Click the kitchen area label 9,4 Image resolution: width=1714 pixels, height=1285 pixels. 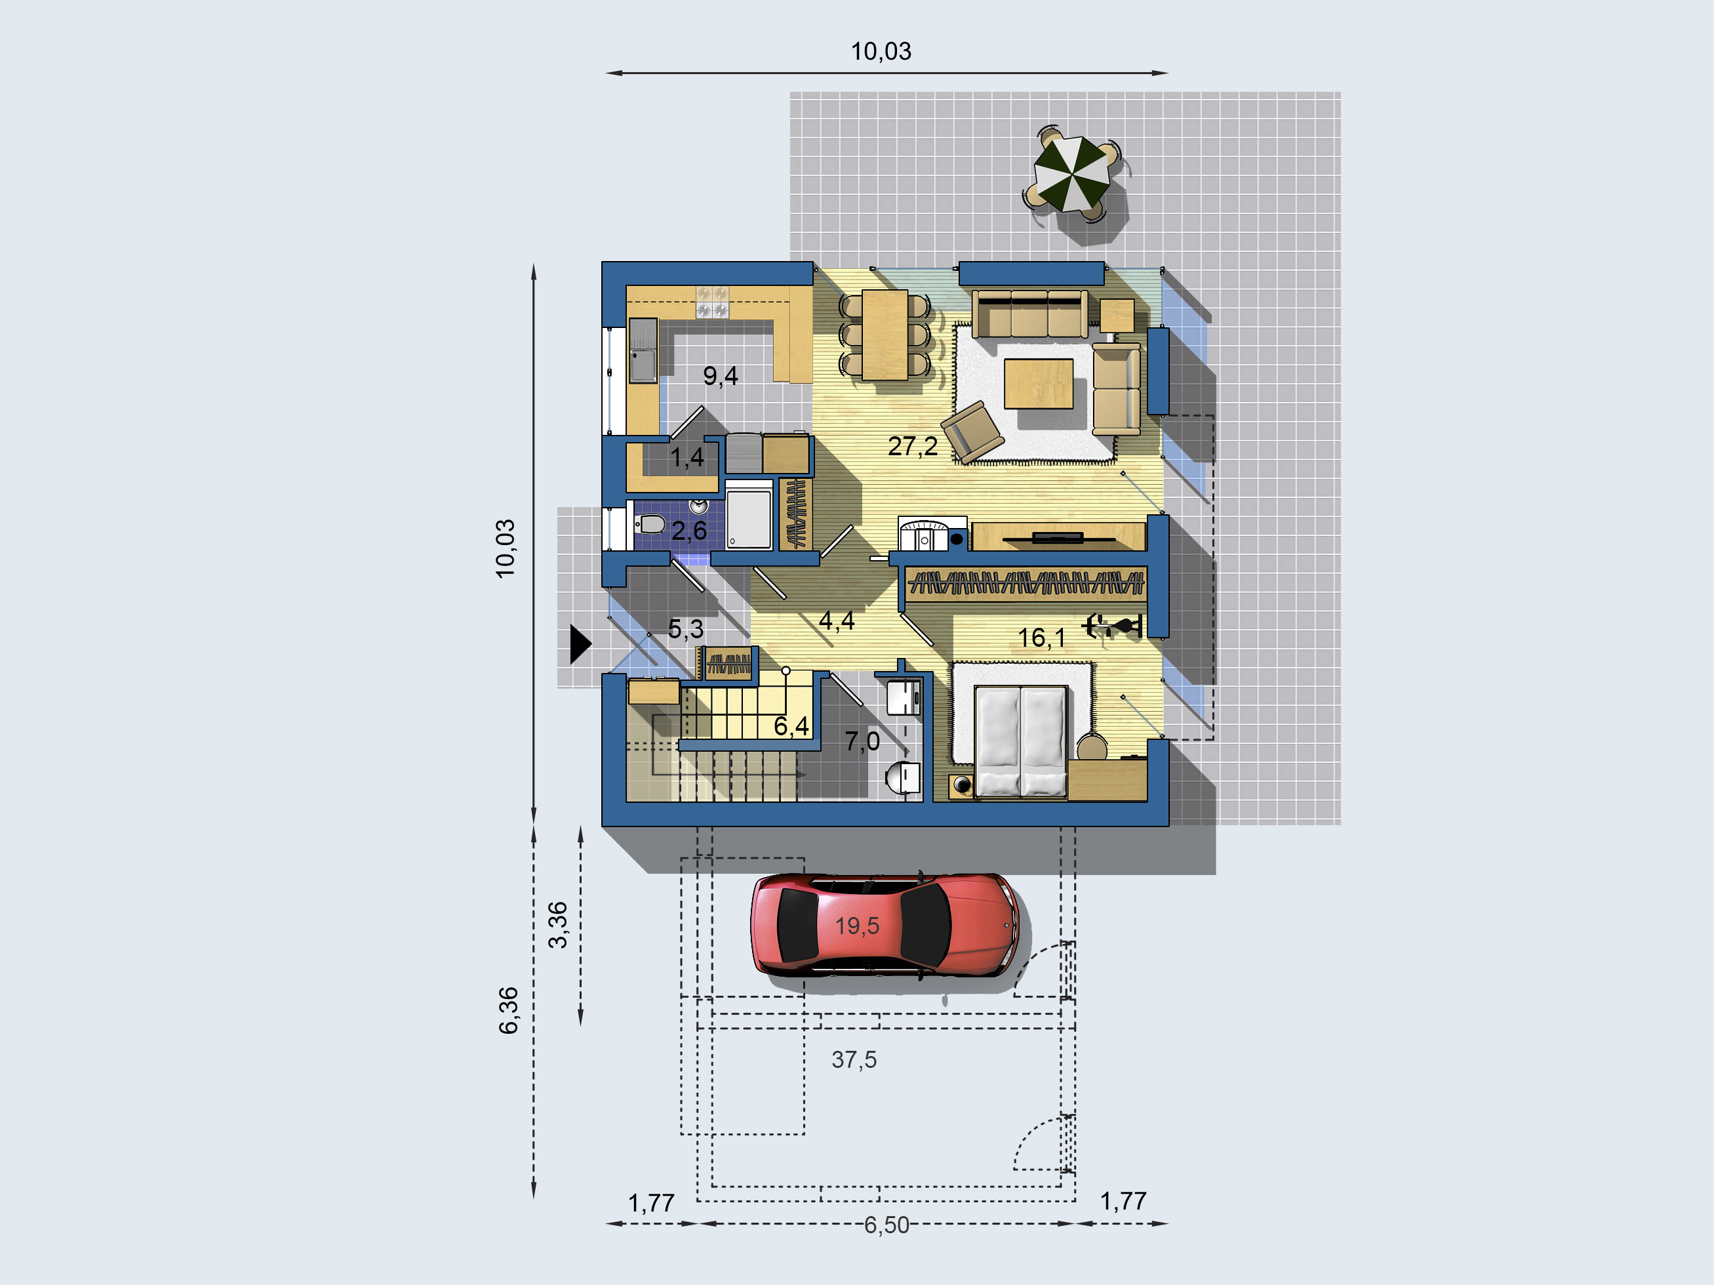pyautogui.click(x=720, y=376)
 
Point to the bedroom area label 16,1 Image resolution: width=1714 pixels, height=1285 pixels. pyautogui.click(x=1041, y=638)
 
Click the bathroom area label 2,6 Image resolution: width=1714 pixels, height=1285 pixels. pyautogui.click(x=689, y=531)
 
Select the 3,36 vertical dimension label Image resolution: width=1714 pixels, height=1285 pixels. pyautogui.click(x=558, y=925)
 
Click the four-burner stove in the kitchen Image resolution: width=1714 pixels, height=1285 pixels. pyautogui.click(x=712, y=302)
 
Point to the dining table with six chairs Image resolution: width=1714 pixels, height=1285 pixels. pyautogui.click(x=885, y=335)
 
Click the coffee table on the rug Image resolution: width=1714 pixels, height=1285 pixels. pyautogui.click(x=1039, y=384)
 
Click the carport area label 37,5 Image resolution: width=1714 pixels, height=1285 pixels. pyautogui.click(x=854, y=1059)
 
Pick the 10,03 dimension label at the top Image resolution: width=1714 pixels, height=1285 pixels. pyautogui.click(x=881, y=51)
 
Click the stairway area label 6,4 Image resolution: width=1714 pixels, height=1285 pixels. pyautogui.click(x=791, y=726)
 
